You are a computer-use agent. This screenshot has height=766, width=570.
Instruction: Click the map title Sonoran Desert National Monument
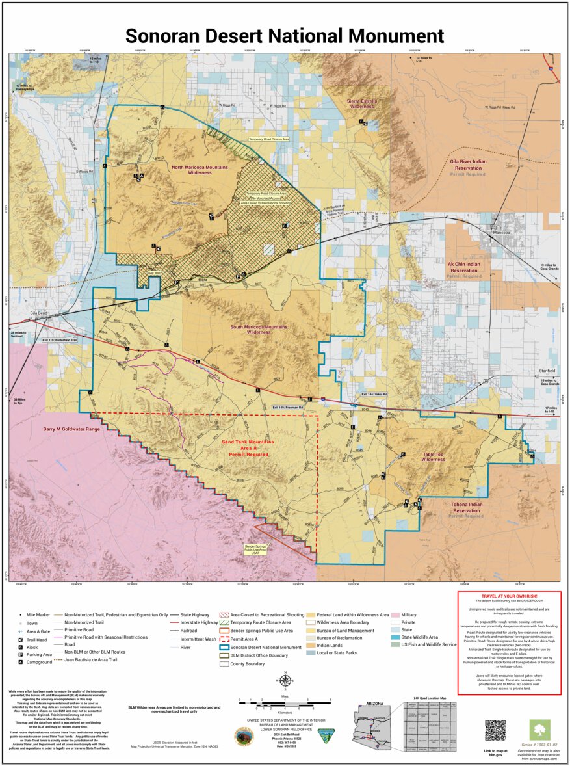tap(285, 35)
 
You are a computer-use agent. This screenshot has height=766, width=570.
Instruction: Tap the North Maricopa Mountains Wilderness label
tap(200, 170)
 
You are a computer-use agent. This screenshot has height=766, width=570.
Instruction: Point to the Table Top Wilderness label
tap(433, 456)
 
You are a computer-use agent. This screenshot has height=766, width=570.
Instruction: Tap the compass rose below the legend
tap(284, 681)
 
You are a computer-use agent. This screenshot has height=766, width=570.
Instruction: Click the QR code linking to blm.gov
tap(495, 730)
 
